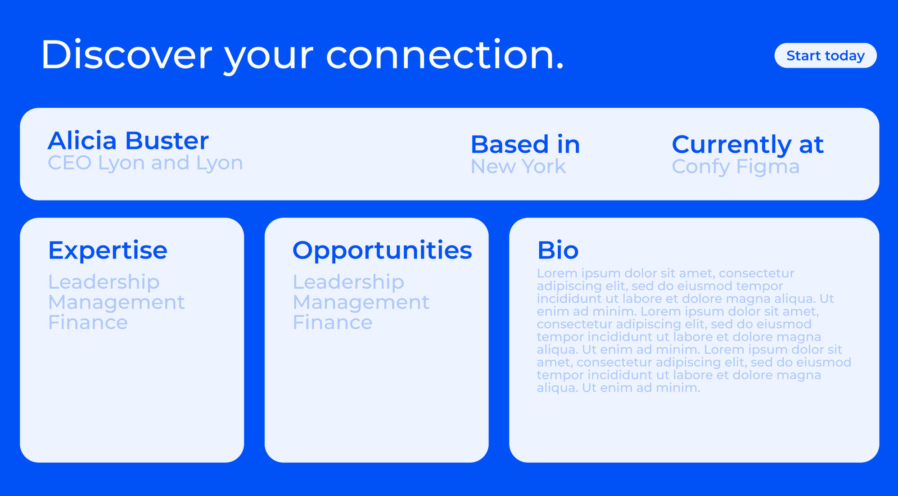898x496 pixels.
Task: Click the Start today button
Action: pos(826,55)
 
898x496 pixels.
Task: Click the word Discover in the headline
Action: pos(126,55)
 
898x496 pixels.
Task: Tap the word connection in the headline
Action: pos(445,55)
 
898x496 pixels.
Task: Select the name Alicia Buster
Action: pos(128,141)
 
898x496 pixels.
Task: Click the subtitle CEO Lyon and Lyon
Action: pos(145,163)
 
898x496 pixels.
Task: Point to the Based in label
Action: pos(525,144)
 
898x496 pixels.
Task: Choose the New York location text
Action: pos(518,166)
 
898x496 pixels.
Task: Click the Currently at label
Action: pos(748,145)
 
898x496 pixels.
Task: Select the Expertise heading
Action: pos(108,250)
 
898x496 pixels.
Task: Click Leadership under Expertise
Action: pos(104,282)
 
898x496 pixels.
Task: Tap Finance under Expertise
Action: pos(88,323)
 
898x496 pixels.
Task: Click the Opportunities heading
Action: pos(382,250)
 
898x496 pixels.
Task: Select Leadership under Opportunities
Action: pos(348,282)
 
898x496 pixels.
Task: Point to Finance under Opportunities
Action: pos(333,323)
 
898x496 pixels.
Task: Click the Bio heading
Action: pos(558,250)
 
